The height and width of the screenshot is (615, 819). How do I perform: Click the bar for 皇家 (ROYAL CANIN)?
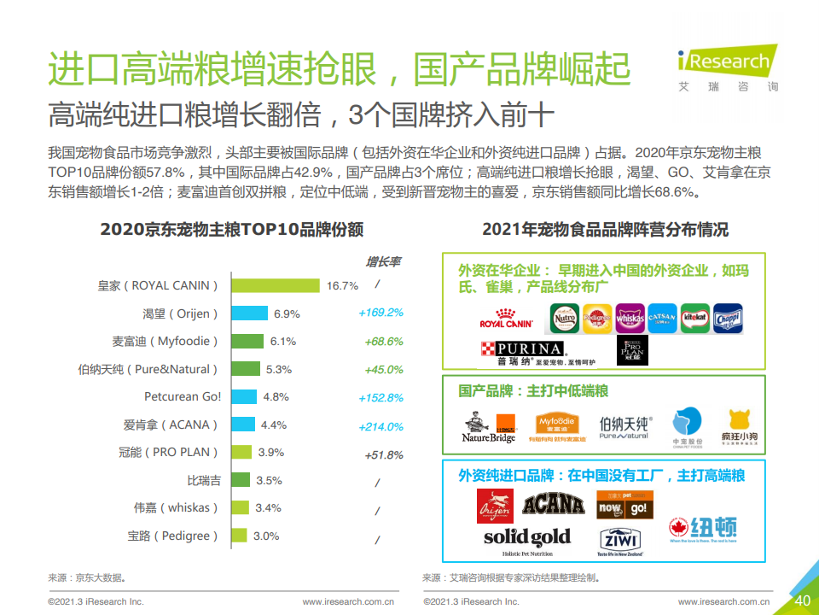pyautogui.click(x=276, y=285)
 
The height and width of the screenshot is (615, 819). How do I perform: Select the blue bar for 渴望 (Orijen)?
pyautogui.click(x=250, y=313)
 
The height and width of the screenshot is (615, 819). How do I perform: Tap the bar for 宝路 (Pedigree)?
pyautogui.click(x=240, y=536)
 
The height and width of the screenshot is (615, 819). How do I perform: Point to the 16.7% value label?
pyautogui.click(x=342, y=286)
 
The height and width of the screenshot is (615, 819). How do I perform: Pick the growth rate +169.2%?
pyautogui.click(x=380, y=313)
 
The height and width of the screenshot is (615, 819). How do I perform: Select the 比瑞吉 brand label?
pyautogui.click(x=204, y=480)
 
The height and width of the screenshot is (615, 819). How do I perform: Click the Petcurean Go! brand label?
pyautogui.click(x=183, y=396)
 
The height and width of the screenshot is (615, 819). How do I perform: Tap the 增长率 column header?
pyautogui.click(x=383, y=261)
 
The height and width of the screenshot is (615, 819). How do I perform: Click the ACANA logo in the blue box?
pyautogui.click(x=554, y=506)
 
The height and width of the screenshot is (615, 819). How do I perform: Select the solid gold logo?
pyautogui.click(x=526, y=539)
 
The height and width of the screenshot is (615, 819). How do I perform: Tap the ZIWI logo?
pyautogui.click(x=620, y=540)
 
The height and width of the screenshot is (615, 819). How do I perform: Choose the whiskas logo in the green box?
pyautogui.click(x=630, y=318)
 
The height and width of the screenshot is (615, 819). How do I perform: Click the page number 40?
pyautogui.click(x=802, y=600)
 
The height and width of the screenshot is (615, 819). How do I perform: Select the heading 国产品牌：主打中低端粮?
pyautogui.click(x=533, y=390)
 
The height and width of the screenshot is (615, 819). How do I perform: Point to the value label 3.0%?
pyautogui.click(x=266, y=536)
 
